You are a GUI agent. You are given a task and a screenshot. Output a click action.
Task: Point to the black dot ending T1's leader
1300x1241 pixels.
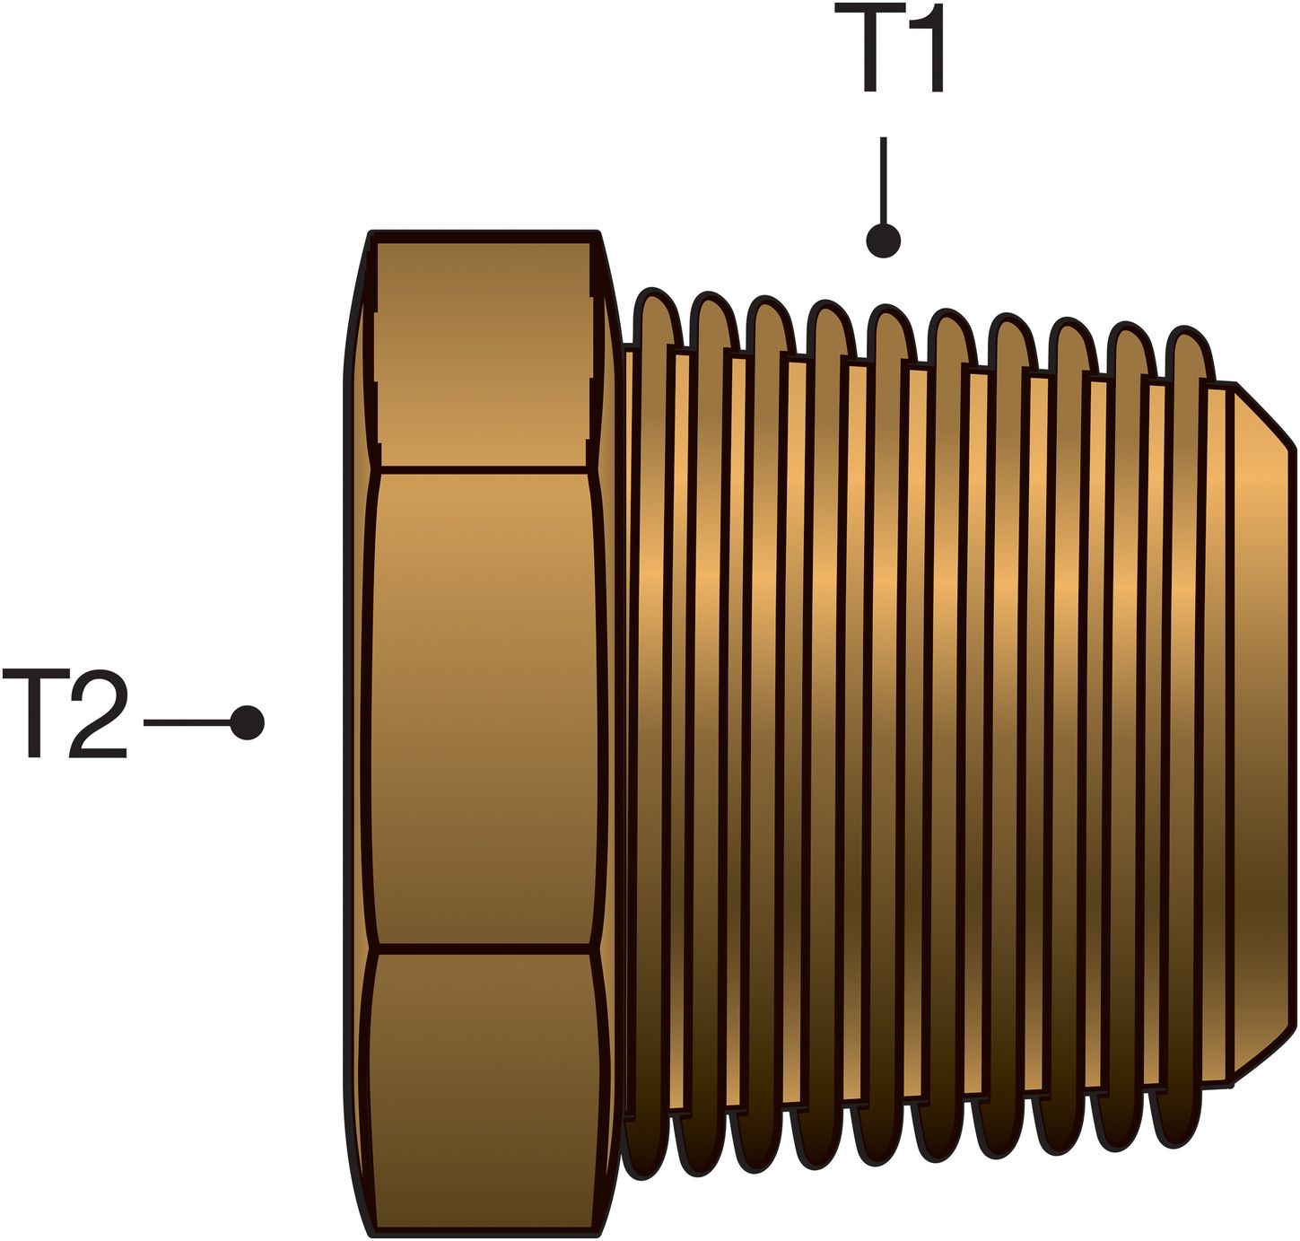point(883,240)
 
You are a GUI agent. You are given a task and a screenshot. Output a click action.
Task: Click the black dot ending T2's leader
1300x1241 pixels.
point(247,721)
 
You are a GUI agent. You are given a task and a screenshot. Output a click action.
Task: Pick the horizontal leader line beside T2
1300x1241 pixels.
point(186,721)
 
